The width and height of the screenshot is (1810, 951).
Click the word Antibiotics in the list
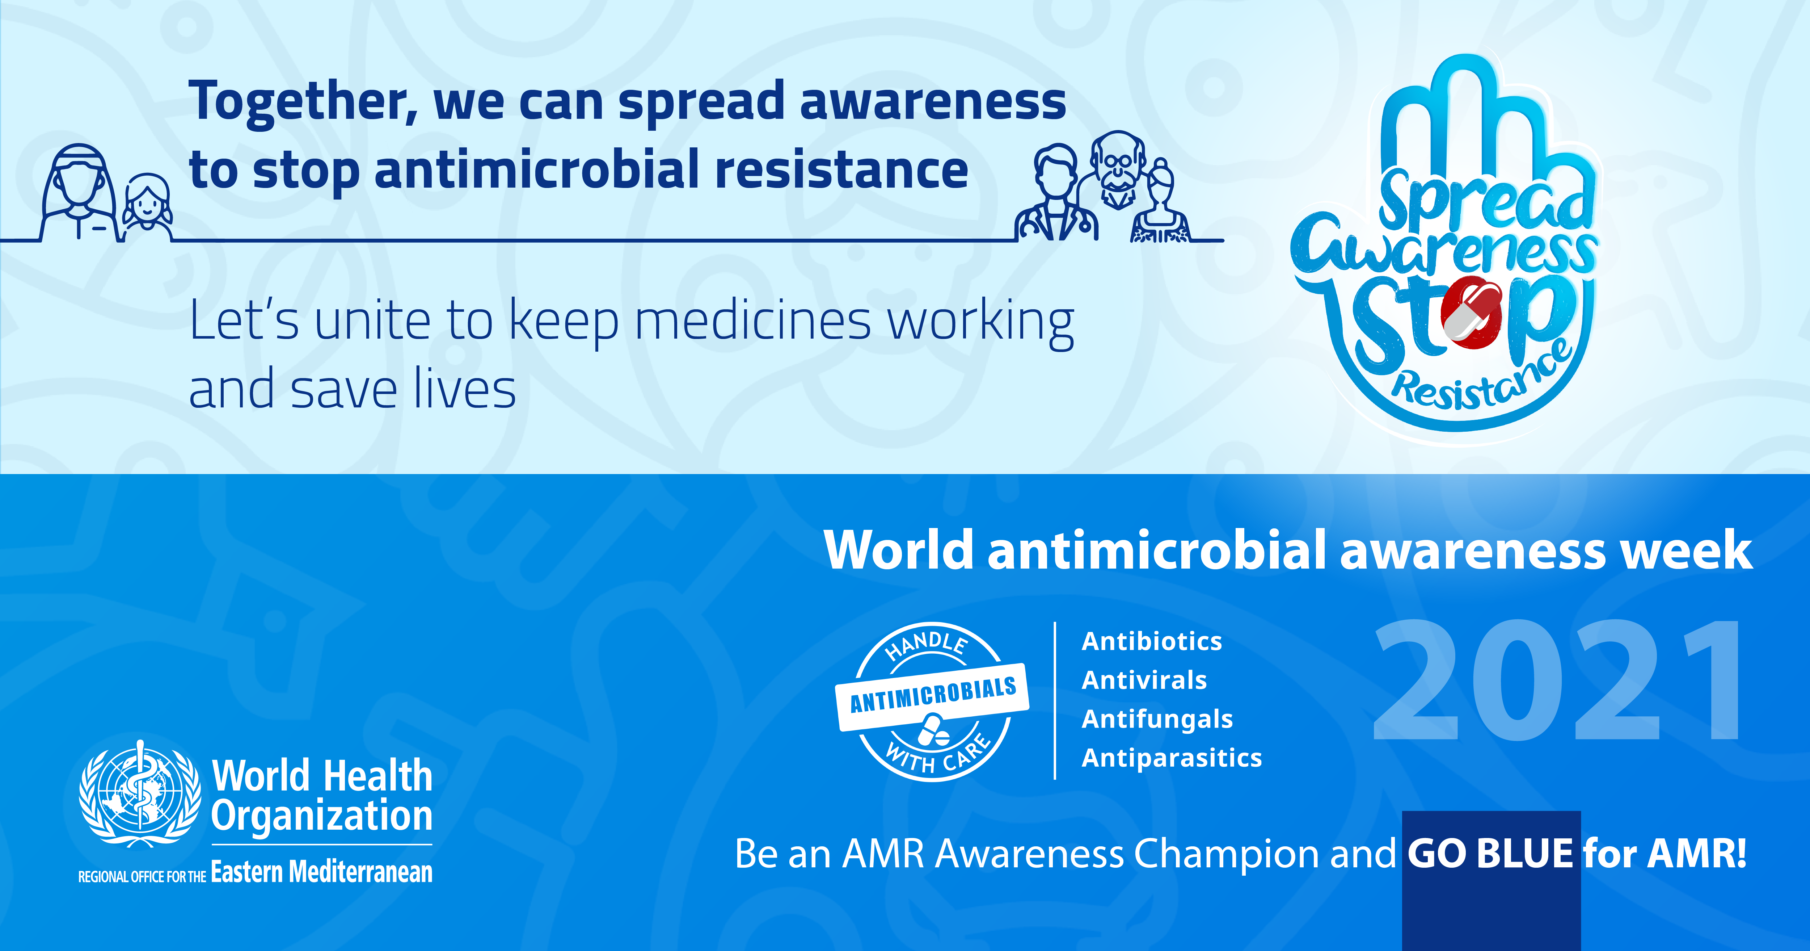pos(1152,641)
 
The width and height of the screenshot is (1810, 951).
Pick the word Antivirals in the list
pos(1144,680)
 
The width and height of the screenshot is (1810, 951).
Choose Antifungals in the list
pos(1157,719)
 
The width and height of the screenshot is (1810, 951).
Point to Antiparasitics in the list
pos(1171,758)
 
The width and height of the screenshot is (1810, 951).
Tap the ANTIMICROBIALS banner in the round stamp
pos(932,695)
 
